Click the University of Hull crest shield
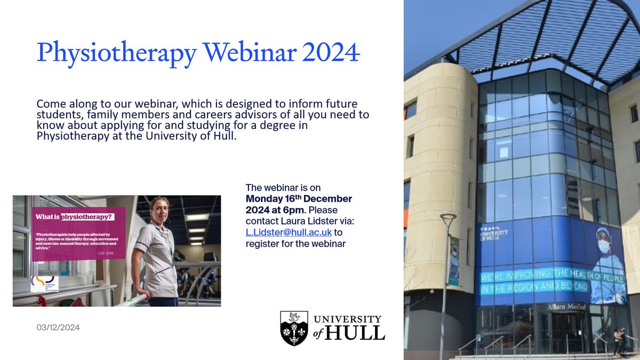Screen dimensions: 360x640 click(293, 327)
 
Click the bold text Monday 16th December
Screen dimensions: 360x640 click(299, 198)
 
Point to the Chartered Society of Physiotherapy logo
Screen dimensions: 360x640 click(44, 283)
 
